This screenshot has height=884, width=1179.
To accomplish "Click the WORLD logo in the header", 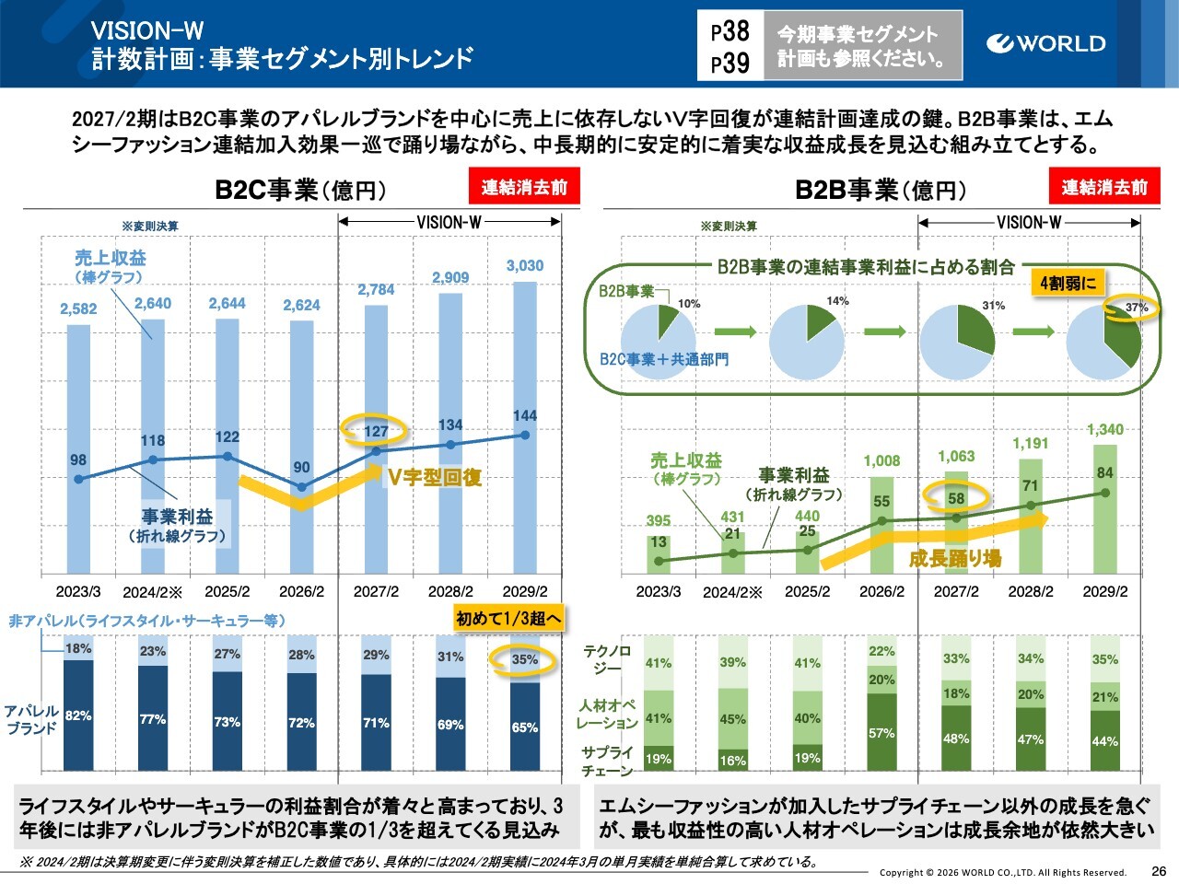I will (1045, 43).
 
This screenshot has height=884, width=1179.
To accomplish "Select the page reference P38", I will (730, 31).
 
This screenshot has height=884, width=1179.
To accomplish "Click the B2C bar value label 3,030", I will (525, 266).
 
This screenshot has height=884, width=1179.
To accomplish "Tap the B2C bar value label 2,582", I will (78, 308).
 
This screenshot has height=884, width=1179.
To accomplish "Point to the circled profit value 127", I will (376, 430).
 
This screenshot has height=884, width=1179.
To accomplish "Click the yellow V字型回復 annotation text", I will (435, 477).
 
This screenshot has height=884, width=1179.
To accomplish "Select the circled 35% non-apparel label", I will (524, 659).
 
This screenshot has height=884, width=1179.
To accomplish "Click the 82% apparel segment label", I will (78, 715).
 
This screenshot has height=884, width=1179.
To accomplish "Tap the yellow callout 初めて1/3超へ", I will (508, 619).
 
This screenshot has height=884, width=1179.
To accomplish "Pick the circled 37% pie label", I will (1136, 308).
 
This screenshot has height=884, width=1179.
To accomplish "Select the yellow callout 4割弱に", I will (1068, 283).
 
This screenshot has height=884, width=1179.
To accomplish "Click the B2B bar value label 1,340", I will (1105, 429).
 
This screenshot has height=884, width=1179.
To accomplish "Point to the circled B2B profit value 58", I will (956, 498).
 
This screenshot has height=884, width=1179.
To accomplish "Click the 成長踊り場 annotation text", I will (955, 558).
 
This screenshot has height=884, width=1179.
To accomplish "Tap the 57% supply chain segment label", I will (881, 733).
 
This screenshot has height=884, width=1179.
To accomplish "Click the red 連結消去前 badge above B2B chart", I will (1104, 187).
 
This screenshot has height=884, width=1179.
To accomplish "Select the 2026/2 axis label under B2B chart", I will (881, 591).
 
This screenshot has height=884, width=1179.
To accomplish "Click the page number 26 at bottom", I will (1159, 870).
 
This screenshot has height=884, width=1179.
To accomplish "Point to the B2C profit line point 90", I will (302, 487).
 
